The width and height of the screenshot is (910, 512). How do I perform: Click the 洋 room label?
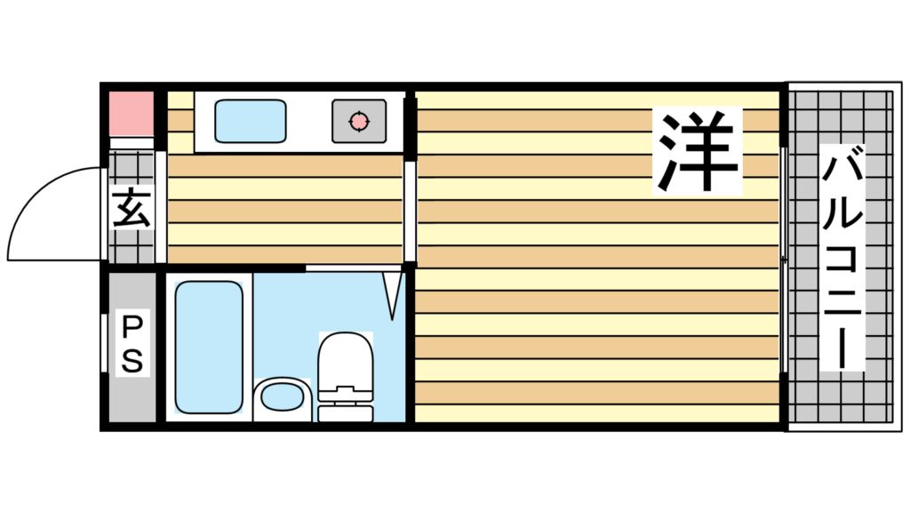(x=698, y=151)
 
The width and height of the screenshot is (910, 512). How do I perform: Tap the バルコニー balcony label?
(x=842, y=258)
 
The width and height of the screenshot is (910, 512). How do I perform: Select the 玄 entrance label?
(x=132, y=207)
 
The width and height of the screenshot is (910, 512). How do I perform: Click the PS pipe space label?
(x=132, y=343)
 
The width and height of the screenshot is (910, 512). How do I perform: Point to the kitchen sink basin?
(x=250, y=121)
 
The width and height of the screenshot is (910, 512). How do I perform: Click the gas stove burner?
(x=359, y=121)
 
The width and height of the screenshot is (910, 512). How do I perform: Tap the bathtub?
(x=209, y=348)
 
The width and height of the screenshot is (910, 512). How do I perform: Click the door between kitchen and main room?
(x=410, y=212)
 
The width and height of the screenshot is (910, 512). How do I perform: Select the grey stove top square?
(x=359, y=121)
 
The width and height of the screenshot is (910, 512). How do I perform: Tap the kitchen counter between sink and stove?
(x=309, y=121)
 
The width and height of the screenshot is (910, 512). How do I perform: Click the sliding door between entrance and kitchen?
(x=161, y=207)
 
